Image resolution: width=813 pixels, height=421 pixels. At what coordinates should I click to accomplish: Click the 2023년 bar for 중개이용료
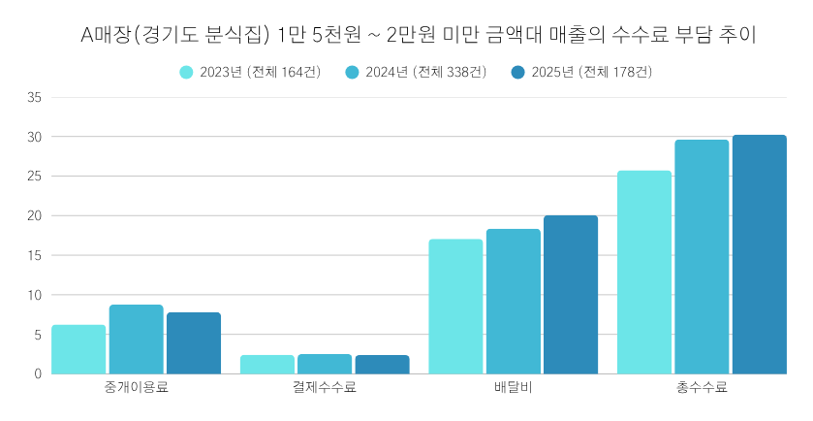78,349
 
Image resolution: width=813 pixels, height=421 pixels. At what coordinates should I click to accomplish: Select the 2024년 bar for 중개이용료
136,340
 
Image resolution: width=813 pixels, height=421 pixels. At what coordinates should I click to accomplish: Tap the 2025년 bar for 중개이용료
193,343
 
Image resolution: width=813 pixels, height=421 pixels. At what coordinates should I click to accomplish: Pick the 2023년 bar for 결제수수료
266,365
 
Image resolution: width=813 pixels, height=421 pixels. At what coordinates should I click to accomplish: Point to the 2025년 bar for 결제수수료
382,365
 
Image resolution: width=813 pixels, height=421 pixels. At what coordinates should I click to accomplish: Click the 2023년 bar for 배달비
455,307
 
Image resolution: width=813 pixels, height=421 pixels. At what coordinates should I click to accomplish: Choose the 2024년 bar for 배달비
513,302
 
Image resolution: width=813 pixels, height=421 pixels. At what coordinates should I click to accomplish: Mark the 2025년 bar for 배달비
570,295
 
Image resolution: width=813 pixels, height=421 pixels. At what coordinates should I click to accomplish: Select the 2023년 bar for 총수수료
643,273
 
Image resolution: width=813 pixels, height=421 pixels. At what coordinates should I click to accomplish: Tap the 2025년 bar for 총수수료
759,254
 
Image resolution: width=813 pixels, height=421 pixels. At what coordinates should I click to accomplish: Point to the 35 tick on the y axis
35,98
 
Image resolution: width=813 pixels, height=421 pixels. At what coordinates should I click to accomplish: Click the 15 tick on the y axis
35,256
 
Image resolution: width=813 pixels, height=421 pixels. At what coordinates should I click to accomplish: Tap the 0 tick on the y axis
39,374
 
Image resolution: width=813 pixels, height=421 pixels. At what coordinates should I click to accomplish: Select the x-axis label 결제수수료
325,389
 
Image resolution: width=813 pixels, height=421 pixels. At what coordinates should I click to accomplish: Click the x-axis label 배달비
513,389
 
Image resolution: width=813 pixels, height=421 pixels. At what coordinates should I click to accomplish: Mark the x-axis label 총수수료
702,389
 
